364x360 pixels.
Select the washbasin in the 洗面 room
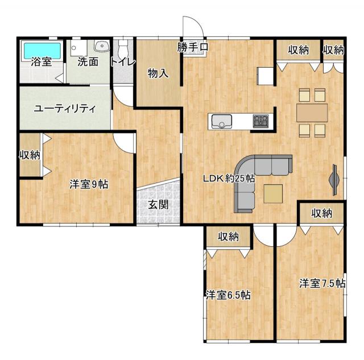click(102, 46)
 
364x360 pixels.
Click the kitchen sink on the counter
click(222, 121)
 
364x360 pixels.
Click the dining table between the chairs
click(312, 113)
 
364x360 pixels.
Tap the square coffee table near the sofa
click(273, 194)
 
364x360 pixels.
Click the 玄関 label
click(158, 205)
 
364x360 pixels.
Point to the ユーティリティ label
click(65, 109)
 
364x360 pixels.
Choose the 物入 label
click(158, 74)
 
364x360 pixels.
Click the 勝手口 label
click(193, 47)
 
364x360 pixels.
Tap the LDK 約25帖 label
click(229, 179)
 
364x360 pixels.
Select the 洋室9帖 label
click(89, 184)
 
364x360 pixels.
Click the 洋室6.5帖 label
click(228, 296)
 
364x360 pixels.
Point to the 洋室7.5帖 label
click(322, 283)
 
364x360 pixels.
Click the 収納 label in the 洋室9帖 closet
click(30, 155)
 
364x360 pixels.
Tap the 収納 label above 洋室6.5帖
click(228, 237)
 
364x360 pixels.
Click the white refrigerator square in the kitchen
click(265, 76)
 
